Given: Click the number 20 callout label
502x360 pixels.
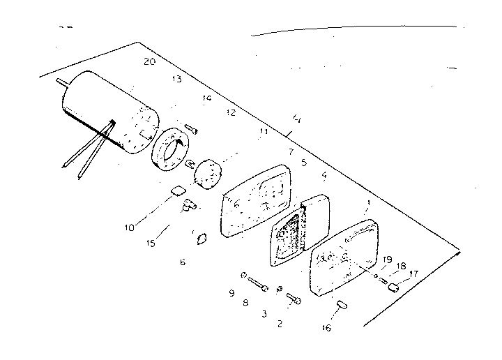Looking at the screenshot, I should tap(147, 61).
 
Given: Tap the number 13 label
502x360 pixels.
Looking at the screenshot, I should tap(176, 80).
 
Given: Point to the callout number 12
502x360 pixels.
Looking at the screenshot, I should tap(231, 112).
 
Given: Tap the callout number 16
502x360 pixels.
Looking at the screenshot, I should tap(327, 327).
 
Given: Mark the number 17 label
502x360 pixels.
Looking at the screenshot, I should tap(414, 274).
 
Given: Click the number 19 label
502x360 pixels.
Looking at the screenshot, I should tap(387, 260).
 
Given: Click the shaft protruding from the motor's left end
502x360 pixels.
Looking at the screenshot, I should tap(61, 82).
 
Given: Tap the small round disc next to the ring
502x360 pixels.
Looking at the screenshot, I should tap(208, 173).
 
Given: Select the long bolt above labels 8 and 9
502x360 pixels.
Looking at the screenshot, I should tap(257, 284).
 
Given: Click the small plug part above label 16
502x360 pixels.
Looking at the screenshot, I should tap(342, 304).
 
